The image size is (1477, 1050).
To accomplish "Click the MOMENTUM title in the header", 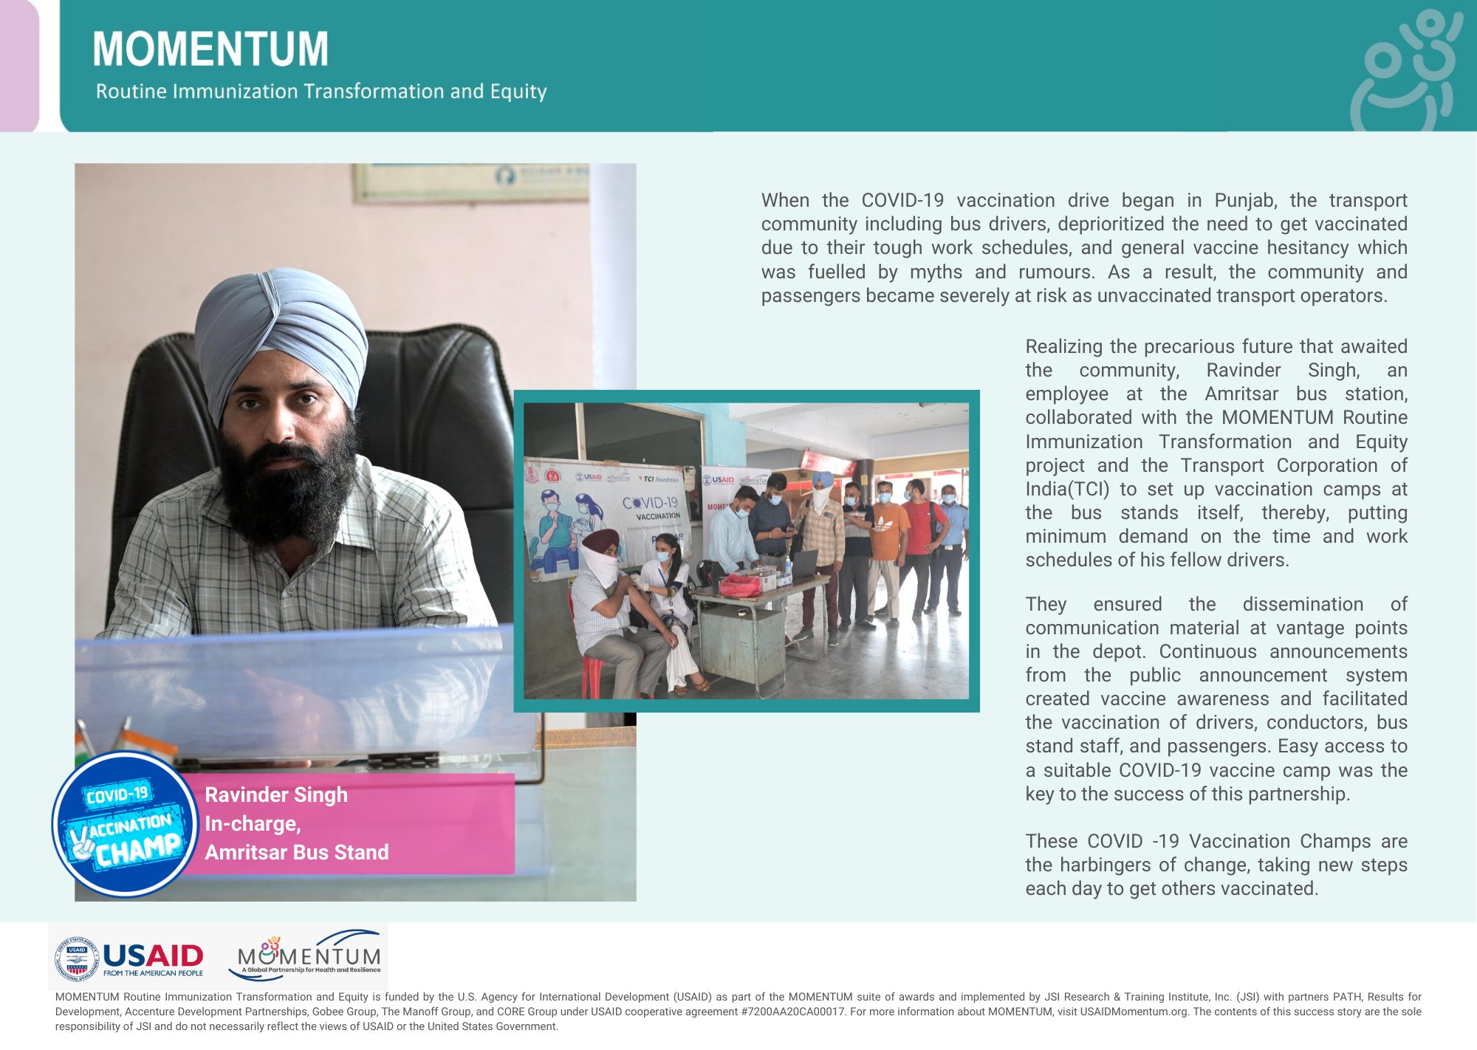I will tap(210, 49).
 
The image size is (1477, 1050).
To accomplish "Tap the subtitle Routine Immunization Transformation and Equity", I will tap(321, 92).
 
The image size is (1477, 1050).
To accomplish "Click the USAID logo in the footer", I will tap(130, 958).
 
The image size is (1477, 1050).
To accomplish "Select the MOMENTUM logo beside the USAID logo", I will tap(309, 955).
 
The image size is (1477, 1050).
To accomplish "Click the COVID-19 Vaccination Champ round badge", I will tap(125, 824).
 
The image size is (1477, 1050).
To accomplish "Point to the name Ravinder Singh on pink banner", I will tap(276, 795).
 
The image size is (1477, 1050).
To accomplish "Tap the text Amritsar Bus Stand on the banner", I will tap(297, 853).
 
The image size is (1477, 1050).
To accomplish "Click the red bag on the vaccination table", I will tap(740, 585).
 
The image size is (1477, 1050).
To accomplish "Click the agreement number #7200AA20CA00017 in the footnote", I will tap(792, 1012).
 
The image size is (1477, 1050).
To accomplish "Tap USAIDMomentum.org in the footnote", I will tap(1134, 1012).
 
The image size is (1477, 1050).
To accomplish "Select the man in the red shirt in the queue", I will tap(919, 539).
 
